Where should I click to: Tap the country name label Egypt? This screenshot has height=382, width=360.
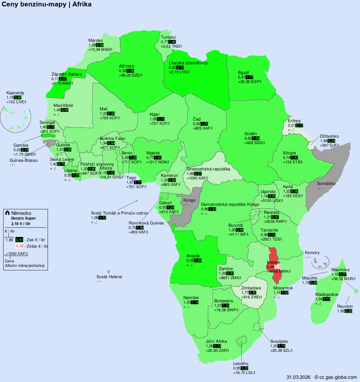point(244,72)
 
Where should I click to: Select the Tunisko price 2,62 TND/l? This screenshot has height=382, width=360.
point(171,46)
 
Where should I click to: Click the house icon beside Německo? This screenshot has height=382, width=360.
point(7,213)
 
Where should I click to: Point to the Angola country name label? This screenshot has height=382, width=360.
point(193,256)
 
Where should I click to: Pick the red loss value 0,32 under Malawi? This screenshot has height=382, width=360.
point(279,267)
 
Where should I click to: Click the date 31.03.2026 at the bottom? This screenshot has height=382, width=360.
point(298,377)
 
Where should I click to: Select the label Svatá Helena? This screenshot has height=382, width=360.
point(109,277)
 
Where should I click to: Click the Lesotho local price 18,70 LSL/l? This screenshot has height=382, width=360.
point(244,373)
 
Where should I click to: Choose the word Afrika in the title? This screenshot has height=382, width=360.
point(82,5)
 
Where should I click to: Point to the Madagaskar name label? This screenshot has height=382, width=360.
point(327,295)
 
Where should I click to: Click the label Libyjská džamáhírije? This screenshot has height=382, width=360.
point(188,63)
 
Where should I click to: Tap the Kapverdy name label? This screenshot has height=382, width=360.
point(15,93)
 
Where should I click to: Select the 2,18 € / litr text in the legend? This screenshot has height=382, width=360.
point(21,223)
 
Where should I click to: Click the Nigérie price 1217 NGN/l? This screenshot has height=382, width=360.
point(157,162)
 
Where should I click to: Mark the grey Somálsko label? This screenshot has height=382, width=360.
point(326,184)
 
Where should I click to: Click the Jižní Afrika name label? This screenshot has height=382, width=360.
point(216,341)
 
